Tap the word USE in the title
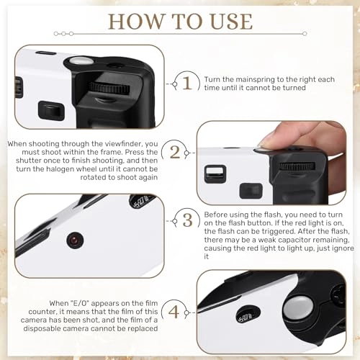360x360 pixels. click(x=231, y=22)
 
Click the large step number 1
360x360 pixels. click(x=187, y=84)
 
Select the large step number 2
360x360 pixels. click(x=174, y=152)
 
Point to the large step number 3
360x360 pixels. click(x=187, y=220)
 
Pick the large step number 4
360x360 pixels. click(x=174, y=312)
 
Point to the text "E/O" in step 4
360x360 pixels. click(x=80, y=303)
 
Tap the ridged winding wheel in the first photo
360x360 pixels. click(x=109, y=88)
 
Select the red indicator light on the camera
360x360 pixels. click(x=75, y=240)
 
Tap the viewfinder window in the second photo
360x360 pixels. click(x=215, y=174)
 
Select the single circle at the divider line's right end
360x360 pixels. click(x=305, y=34)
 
